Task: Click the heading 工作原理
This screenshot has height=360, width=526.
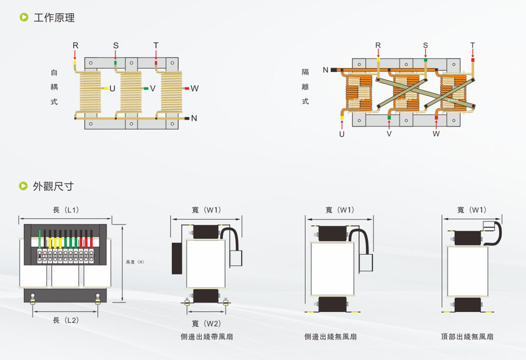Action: point(54,18)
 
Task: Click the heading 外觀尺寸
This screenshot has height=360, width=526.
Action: point(53,186)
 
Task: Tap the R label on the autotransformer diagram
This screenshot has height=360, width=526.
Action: point(75,46)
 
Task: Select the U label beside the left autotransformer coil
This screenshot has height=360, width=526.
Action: point(113,89)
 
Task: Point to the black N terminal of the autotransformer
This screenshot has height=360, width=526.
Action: point(187,118)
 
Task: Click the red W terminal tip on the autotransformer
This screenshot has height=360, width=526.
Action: point(187,88)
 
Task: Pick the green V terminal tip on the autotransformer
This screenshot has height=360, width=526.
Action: point(146,88)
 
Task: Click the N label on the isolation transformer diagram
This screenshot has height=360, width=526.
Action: point(325,70)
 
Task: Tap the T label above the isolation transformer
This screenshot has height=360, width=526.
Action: point(473,45)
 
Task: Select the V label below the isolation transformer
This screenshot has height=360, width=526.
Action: point(389,134)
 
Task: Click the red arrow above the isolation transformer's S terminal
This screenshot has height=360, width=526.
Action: point(425,53)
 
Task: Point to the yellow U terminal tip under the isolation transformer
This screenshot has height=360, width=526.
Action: point(342,118)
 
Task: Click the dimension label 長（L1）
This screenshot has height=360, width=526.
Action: point(66,210)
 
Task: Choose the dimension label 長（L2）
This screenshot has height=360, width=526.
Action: point(66,320)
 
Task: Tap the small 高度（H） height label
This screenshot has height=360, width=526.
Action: point(135,262)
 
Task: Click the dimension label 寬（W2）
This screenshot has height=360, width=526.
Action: point(207,323)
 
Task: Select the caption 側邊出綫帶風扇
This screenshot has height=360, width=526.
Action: point(207,337)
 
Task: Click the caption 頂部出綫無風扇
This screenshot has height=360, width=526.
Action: point(467,337)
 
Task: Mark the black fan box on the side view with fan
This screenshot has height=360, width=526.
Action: point(177,258)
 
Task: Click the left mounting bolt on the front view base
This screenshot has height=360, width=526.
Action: point(33,299)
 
